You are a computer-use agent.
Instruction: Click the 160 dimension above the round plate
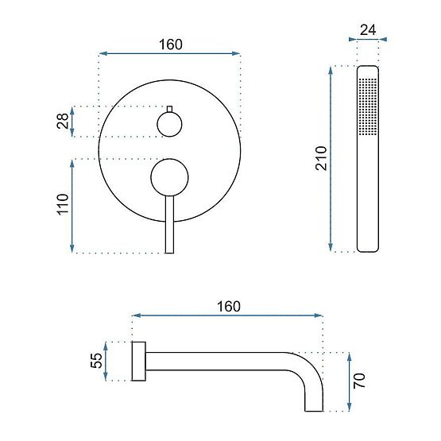(168, 44)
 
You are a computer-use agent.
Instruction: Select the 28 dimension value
(63, 122)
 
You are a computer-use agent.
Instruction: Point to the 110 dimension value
(63, 206)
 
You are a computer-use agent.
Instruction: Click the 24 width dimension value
(367, 30)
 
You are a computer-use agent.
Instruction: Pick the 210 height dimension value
(321, 160)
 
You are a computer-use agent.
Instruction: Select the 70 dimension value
(358, 381)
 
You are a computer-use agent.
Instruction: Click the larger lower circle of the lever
(168, 176)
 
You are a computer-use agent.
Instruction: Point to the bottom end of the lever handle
(168, 249)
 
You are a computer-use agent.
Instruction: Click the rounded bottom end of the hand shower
(367, 247)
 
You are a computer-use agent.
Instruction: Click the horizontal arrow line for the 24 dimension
(367, 40)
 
